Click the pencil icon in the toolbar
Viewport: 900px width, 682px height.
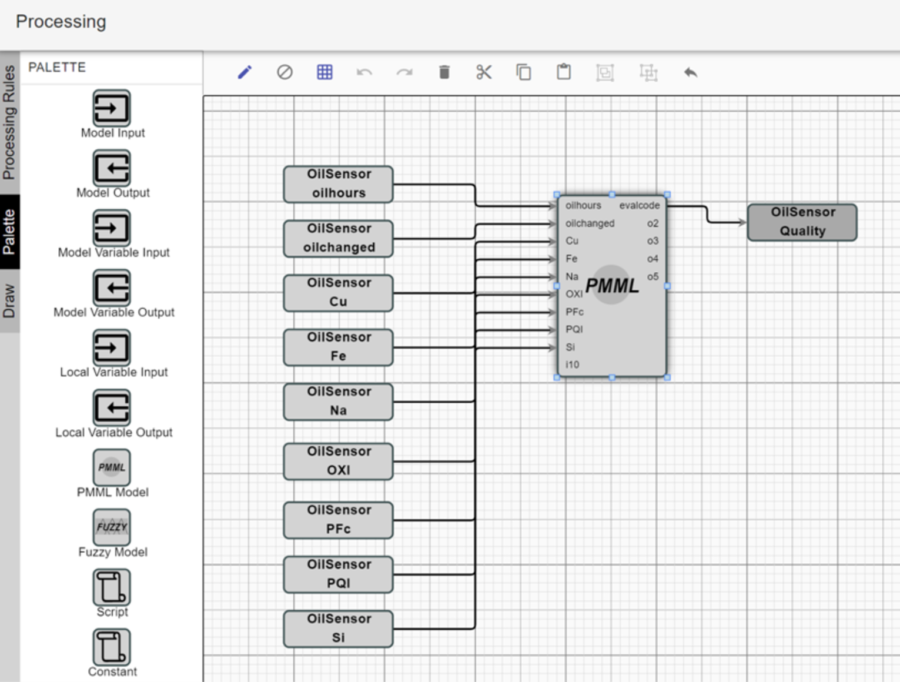tap(245, 72)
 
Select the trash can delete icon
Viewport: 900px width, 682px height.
tap(444, 72)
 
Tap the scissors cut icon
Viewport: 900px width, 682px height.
tap(484, 72)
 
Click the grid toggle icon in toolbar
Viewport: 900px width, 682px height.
tap(324, 72)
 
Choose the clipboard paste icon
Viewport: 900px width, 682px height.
tap(564, 72)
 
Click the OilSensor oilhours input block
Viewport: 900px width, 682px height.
tap(338, 184)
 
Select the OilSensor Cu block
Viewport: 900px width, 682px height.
tap(338, 293)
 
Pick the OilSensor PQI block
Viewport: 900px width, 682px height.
tap(338, 574)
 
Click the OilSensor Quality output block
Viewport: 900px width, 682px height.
tap(802, 222)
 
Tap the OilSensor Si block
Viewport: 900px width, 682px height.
tap(338, 628)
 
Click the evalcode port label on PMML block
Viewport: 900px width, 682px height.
tap(639, 206)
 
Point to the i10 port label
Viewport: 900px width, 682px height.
tap(572, 365)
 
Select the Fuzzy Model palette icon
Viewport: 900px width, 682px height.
tap(112, 527)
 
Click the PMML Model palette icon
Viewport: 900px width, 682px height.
tap(112, 467)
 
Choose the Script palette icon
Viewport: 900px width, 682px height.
tap(112, 587)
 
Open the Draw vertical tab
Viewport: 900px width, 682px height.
tap(9, 301)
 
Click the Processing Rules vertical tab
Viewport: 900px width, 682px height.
tap(9, 122)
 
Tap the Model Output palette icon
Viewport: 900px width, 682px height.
tap(112, 168)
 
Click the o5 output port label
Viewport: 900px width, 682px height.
tap(653, 276)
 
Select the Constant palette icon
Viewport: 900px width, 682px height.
tap(112, 647)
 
